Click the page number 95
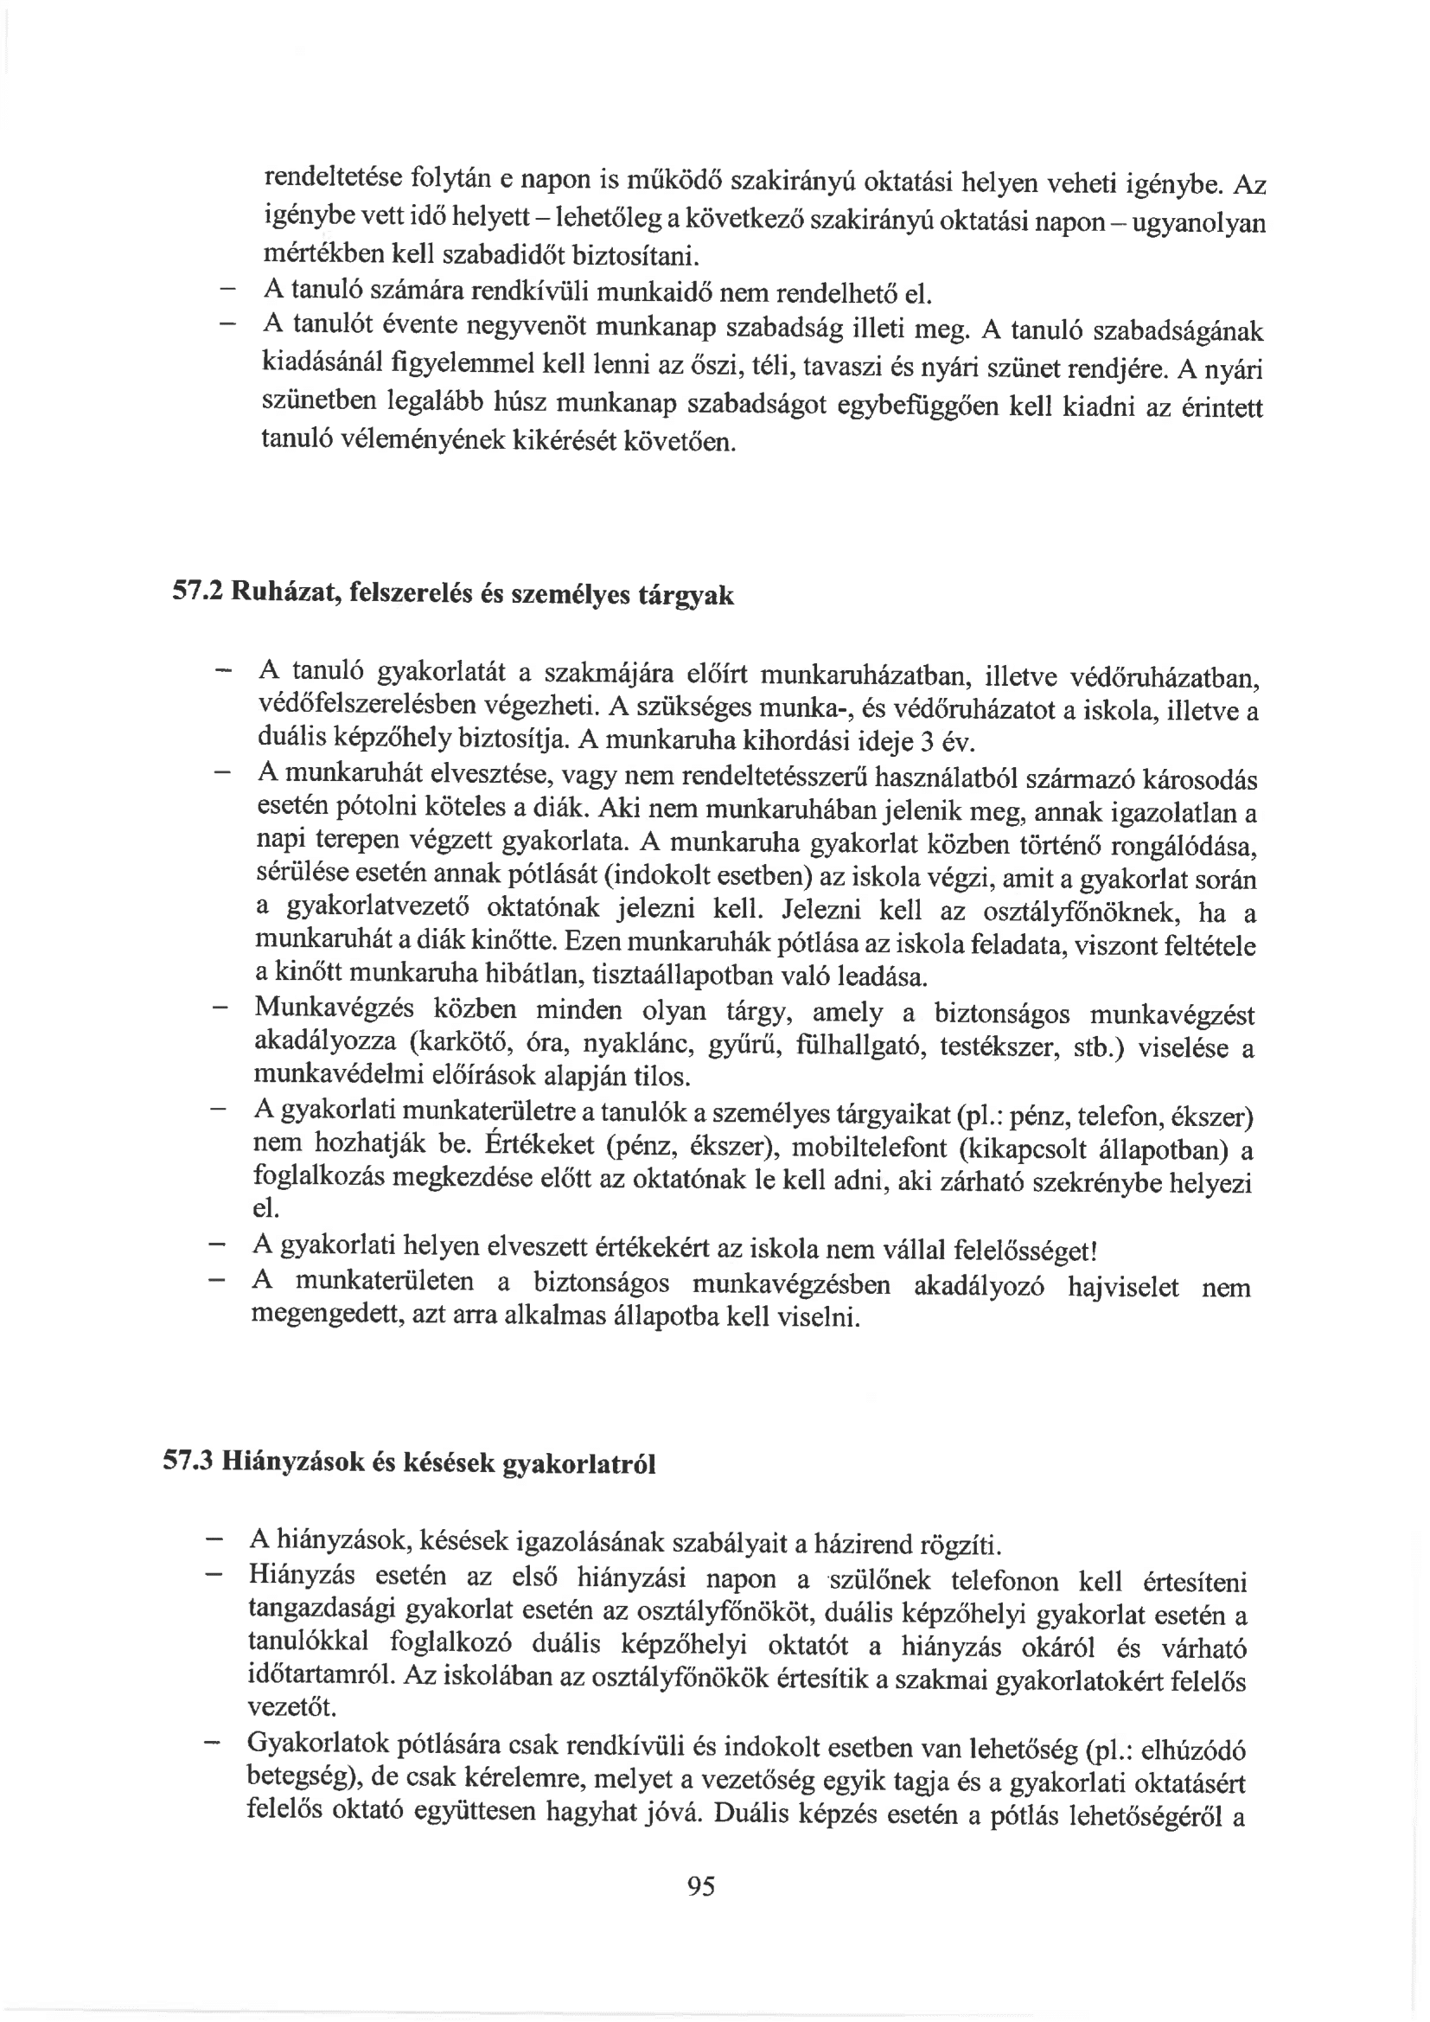tap(701, 1885)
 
